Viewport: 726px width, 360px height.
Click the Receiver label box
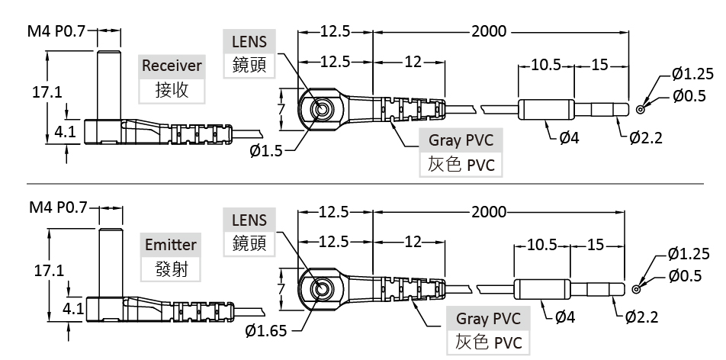click(x=172, y=66)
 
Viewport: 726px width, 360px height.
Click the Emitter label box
click(x=171, y=245)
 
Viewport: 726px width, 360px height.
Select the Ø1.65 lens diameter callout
click(x=266, y=330)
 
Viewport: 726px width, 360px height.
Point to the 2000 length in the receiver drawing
click(x=488, y=31)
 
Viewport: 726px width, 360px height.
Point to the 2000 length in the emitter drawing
click(x=488, y=211)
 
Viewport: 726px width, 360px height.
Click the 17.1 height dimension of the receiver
click(x=47, y=92)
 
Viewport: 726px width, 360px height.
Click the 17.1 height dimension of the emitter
click(x=47, y=270)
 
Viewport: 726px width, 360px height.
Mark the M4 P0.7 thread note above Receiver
click(x=57, y=31)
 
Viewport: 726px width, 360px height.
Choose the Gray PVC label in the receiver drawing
click(x=461, y=140)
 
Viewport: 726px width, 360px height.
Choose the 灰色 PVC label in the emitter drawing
click(x=488, y=342)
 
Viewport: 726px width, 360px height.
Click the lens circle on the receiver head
click(x=321, y=110)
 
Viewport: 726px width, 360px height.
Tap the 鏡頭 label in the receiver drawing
click(x=249, y=66)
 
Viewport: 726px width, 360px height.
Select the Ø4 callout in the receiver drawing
click(x=569, y=138)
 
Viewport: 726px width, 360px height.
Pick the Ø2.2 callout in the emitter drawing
click(x=641, y=317)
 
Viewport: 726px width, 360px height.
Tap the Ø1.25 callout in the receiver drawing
click(x=692, y=74)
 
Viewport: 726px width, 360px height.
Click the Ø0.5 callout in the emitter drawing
click(x=684, y=275)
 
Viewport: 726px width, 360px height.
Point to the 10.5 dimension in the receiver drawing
click(x=546, y=65)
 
